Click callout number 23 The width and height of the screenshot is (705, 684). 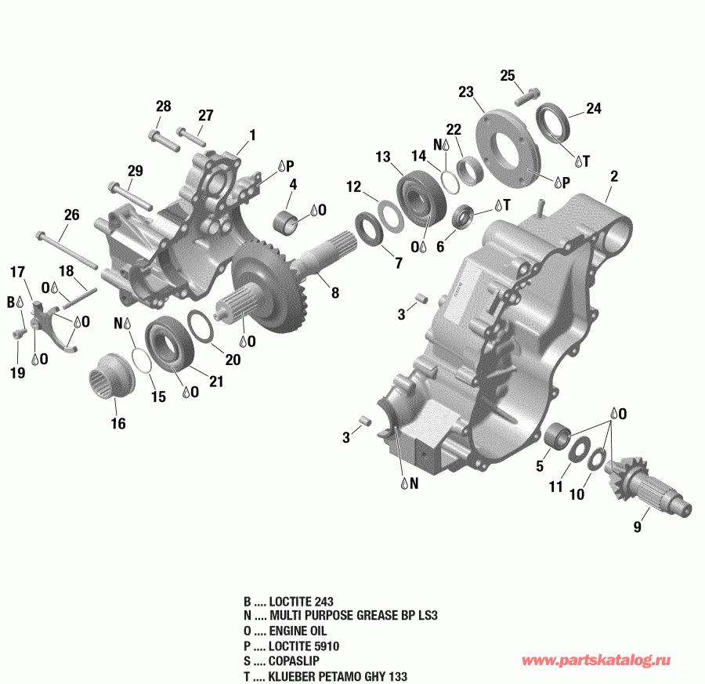point(467,92)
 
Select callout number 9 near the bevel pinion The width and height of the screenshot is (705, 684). point(637,527)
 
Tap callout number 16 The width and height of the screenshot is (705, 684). point(117,424)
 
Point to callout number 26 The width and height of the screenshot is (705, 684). point(72,214)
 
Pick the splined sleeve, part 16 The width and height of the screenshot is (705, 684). point(112,377)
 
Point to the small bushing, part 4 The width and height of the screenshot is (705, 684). point(287,221)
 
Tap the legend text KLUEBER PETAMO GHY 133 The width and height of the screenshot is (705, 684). point(338,676)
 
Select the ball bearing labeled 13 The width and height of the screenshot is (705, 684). point(424,198)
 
